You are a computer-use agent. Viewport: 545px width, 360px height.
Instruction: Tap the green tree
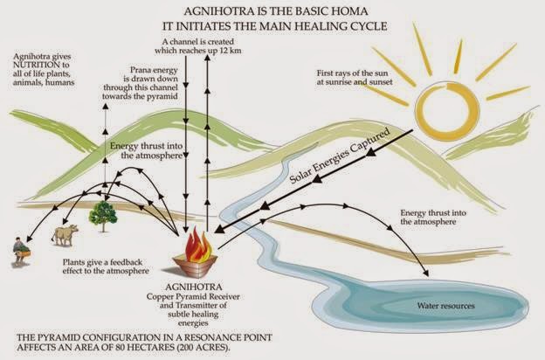point(104,214)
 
